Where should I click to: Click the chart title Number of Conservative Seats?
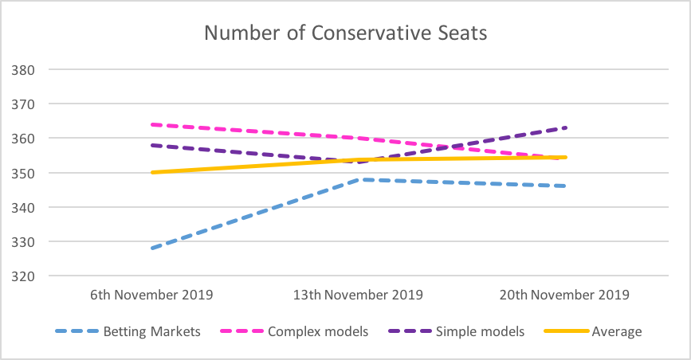[345, 33]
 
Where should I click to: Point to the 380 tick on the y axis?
[23, 69]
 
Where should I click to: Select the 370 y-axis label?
[23, 104]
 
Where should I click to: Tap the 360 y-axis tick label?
[23, 138]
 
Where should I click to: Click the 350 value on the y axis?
[23, 173]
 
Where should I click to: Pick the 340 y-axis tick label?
[23, 207]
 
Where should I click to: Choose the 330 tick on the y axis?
[23, 241]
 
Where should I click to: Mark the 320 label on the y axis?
[23, 276]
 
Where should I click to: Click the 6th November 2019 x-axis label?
[151, 295]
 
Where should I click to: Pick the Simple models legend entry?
[481, 331]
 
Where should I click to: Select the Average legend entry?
[617, 331]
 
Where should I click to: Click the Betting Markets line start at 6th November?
[151, 248]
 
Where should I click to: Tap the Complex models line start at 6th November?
[151, 124]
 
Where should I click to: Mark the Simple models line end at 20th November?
[566, 127]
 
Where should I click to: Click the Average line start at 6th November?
[151, 172]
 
